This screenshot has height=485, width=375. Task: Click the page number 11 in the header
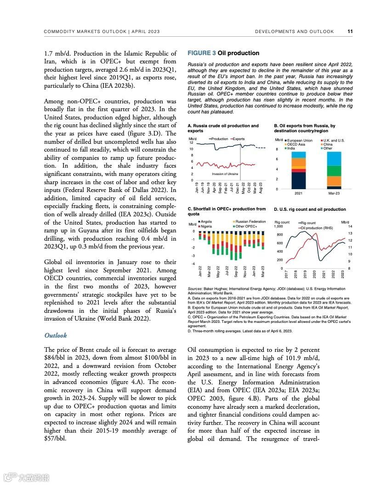[x=350, y=32]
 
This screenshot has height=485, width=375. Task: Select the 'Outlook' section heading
[x=56, y=335]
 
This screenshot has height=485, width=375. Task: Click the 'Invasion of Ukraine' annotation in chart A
[x=225, y=174]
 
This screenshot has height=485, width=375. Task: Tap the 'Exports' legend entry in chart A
[x=238, y=139]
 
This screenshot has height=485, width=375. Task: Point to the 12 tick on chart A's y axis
[x=191, y=143]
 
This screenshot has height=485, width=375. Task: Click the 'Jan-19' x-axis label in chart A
[x=197, y=187]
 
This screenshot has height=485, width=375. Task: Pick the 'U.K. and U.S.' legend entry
[x=334, y=140]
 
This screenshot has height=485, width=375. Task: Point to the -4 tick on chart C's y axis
[x=193, y=263]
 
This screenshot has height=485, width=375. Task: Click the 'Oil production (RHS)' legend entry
[x=317, y=227]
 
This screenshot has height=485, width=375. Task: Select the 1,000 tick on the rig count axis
[x=278, y=226]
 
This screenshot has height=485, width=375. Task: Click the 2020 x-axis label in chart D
[x=314, y=275]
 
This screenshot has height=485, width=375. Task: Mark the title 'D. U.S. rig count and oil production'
[x=310, y=209]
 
